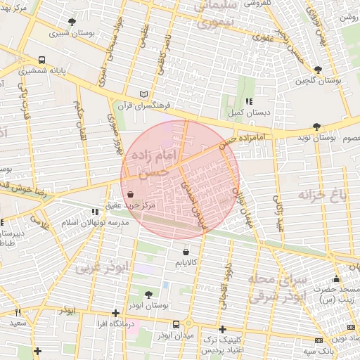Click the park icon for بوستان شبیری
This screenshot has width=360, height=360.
tap(72, 22)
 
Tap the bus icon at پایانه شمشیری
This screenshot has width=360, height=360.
tap(41, 60)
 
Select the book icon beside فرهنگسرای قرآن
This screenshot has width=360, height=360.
tap(144, 94)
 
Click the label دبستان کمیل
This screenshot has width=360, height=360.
tap(240, 112)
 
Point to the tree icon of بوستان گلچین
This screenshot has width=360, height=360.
tap(319, 70)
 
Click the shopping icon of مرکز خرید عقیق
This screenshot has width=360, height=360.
tap(130, 195)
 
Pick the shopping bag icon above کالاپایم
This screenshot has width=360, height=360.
tap(186, 252)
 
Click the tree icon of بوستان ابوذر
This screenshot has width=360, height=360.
tap(148, 295)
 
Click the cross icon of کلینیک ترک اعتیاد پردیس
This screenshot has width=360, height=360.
tap(222, 329)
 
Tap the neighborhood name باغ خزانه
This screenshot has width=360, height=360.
tap(322, 195)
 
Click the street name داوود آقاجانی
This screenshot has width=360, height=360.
tap(225, 290)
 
